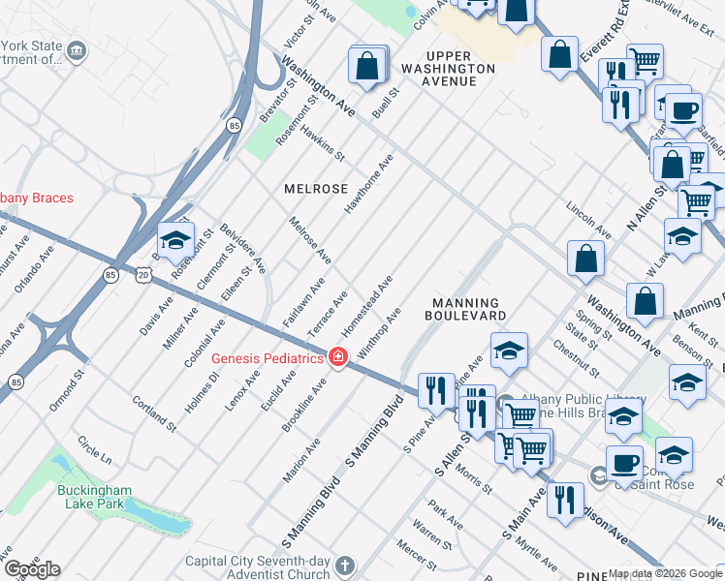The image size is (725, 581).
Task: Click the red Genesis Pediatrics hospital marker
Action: pyautogui.click(x=338, y=358)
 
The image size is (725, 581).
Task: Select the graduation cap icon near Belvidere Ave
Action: pyautogui.click(x=175, y=240)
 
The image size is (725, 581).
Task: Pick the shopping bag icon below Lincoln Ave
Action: pyautogui.click(x=586, y=259)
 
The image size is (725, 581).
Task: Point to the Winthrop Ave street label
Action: pyautogui.click(x=379, y=335)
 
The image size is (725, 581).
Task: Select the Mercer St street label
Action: pyautogui.click(x=416, y=559)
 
